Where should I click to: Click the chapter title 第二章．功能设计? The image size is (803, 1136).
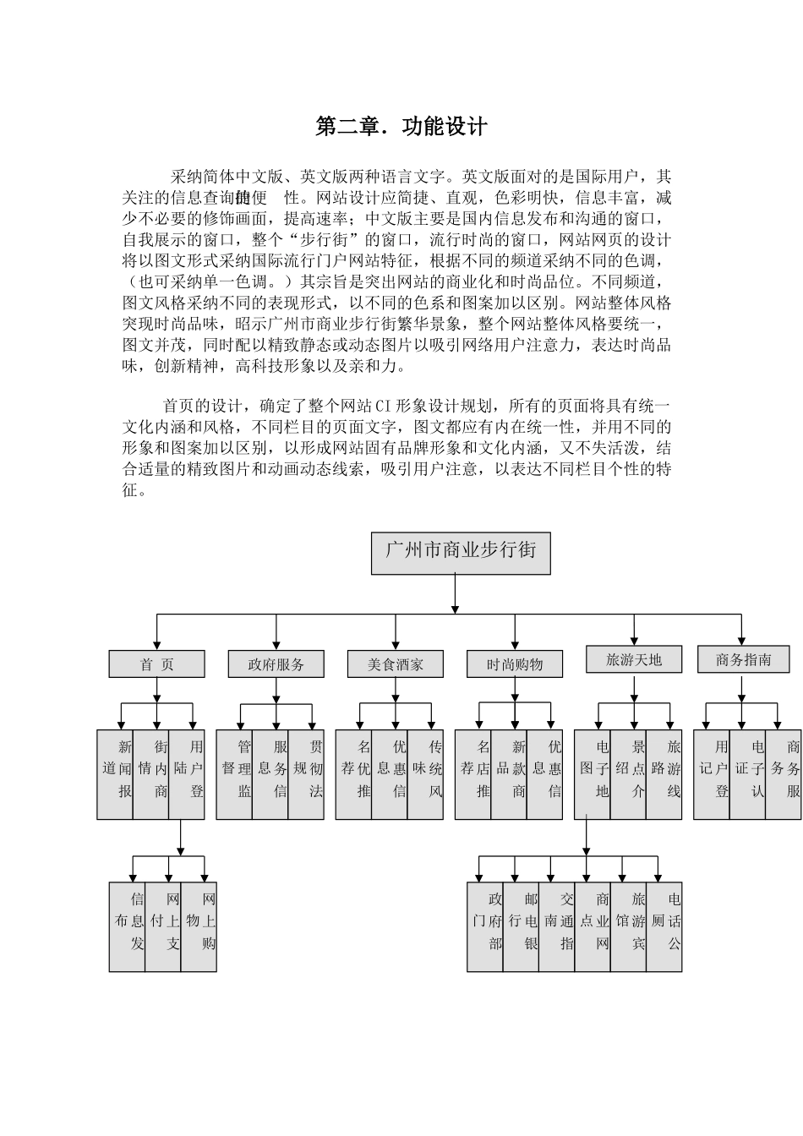coord(401,127)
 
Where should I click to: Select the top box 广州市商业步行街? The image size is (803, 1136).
coord(461,553)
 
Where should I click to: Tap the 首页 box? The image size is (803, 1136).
coord(156,664)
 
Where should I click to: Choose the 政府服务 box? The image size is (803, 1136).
coord(276,664)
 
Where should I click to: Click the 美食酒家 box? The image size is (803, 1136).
coord(395,664)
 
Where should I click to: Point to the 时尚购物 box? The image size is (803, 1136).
coord(515,664)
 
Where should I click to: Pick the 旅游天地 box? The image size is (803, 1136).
coord(634,659)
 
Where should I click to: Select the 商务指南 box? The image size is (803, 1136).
coord(744,659)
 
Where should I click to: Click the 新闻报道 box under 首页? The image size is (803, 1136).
coord(115,774)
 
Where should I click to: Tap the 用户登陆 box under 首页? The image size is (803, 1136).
coord(187,774)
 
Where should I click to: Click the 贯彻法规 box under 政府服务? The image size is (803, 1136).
coord(306,774)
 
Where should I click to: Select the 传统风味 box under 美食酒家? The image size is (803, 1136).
coord(425,774)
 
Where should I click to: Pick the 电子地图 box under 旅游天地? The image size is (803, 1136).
coord(593,774)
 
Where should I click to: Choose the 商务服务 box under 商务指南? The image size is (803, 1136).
coord(784,774)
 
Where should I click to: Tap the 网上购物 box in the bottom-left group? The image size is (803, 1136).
coord(199,926)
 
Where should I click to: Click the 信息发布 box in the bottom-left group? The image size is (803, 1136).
coord(128,926)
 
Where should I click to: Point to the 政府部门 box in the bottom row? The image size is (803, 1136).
coord(485,926)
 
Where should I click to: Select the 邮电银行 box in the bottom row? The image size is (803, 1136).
coord(521,926)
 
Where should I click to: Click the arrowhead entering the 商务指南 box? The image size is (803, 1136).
coord(741,641)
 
